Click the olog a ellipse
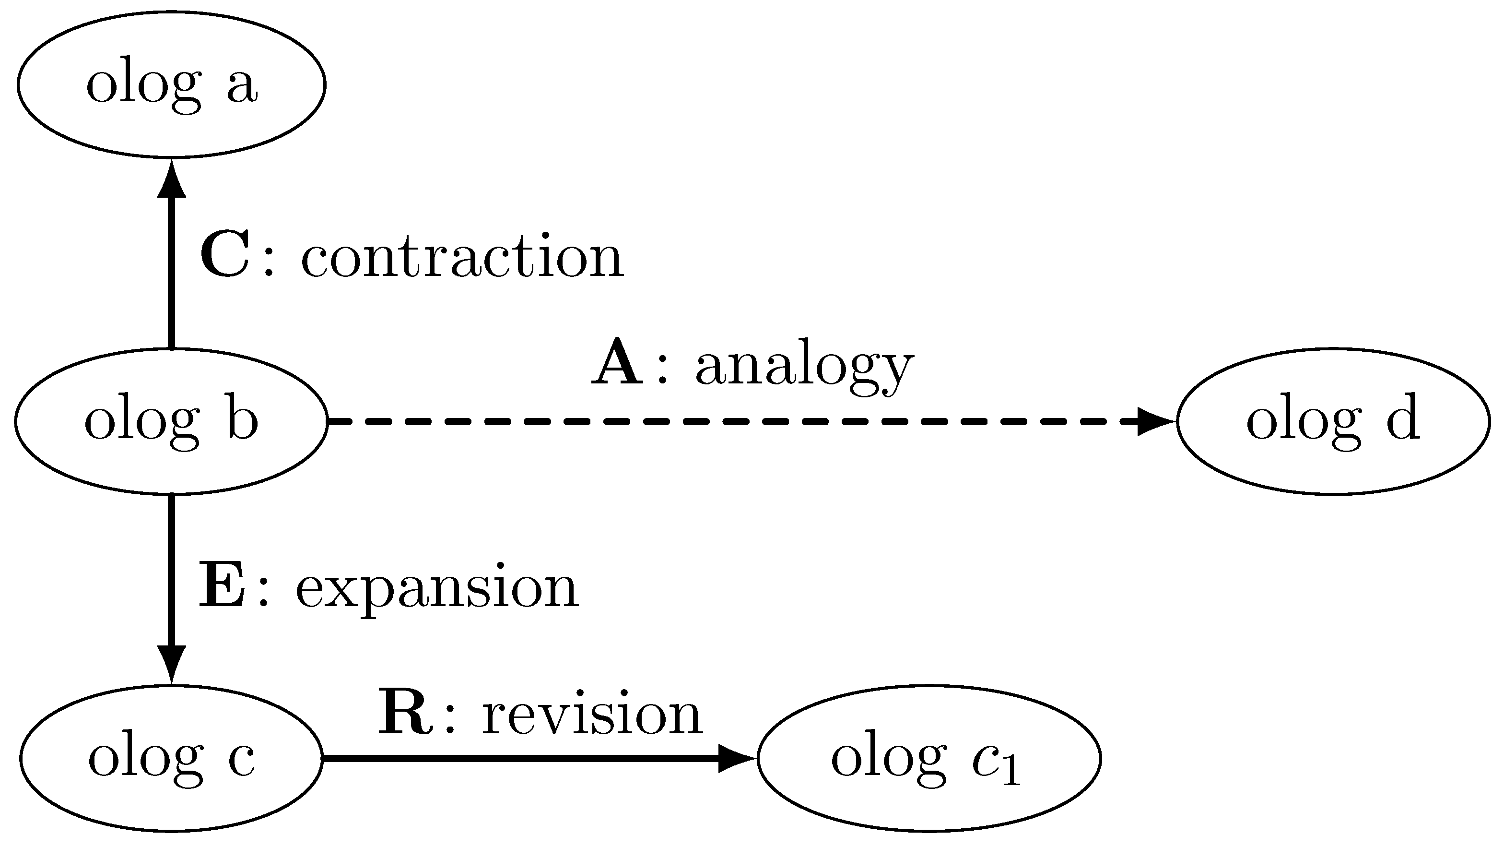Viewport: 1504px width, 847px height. pos(171,84)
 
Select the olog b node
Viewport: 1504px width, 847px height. pos(171,421)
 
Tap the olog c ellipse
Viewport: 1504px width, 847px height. pos(171,758)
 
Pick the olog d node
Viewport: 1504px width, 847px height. pos(1333,421)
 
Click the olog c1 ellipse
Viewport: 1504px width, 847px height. pos(928,758)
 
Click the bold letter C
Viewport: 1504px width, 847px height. pos(225,255)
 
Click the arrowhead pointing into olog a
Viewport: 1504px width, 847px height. pos(172,181)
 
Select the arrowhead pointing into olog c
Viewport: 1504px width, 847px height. pos(172,663)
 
